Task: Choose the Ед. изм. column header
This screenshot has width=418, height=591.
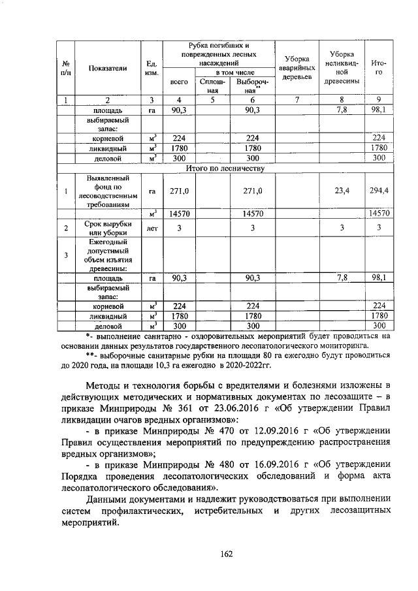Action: tap(151, 67)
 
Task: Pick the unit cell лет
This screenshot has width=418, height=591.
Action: tap(151, 229)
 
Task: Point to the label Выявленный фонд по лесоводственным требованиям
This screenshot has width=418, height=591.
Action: tap(108, 191)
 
